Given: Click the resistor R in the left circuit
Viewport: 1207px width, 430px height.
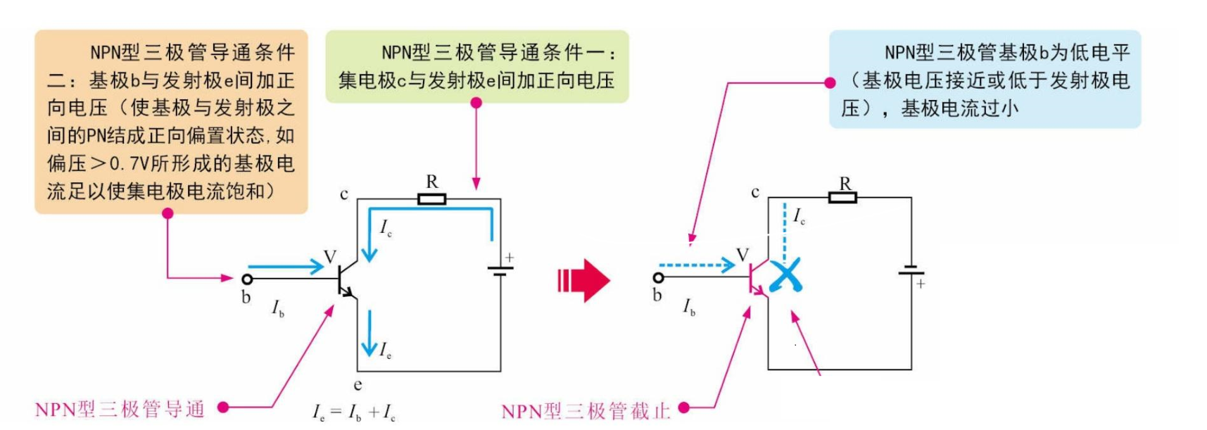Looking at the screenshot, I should click(x=431, y=199).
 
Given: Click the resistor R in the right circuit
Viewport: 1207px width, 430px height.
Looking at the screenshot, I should click(x=842, y=198).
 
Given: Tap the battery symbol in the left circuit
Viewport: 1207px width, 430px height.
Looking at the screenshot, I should click(x=500, y=270).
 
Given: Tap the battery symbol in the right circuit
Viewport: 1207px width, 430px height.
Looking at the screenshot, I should click(x=911, y=271).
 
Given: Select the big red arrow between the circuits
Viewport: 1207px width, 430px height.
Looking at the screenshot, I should click(x=583, y=281).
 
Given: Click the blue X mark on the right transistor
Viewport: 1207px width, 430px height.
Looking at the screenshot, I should click(x=785, y=275).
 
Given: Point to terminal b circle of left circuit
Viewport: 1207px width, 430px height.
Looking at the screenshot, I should click(x=247, y=279).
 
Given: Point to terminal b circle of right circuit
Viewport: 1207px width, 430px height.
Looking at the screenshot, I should click(x=658, y=278).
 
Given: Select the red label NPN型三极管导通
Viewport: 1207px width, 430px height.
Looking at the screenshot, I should click(x=120, y=409).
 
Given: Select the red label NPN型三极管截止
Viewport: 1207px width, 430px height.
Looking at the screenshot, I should click(x=586, y=411).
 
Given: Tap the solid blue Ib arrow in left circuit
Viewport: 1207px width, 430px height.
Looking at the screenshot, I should click(x=285, y=267).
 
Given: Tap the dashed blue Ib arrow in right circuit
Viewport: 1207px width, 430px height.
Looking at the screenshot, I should click(x=697, y=265).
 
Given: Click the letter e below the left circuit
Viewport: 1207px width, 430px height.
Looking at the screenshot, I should click(x=358, y=385).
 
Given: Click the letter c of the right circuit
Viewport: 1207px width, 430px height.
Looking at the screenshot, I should click(x=755, y=192).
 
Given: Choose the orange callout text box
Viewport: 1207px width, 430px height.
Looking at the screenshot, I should click(x=171, y=121).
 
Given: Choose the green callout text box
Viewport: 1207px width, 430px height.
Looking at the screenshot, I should click(x=476, y=66).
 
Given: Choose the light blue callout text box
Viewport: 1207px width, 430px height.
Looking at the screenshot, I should click(x=985, y=79).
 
